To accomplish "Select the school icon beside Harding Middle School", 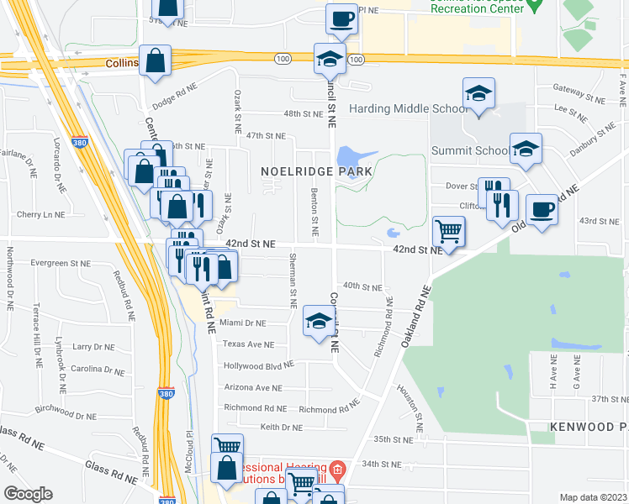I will click(478, 94).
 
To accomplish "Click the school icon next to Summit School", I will click(526, 150).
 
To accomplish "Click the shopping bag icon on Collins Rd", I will click(155, 60).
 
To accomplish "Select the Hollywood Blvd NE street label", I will click(258, 365).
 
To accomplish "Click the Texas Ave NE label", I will click(249, 344).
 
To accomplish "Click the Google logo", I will click(28, 494).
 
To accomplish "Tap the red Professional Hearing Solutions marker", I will click(337, 468).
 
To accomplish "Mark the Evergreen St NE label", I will click(61, 263).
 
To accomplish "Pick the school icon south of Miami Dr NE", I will click(318, 322).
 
